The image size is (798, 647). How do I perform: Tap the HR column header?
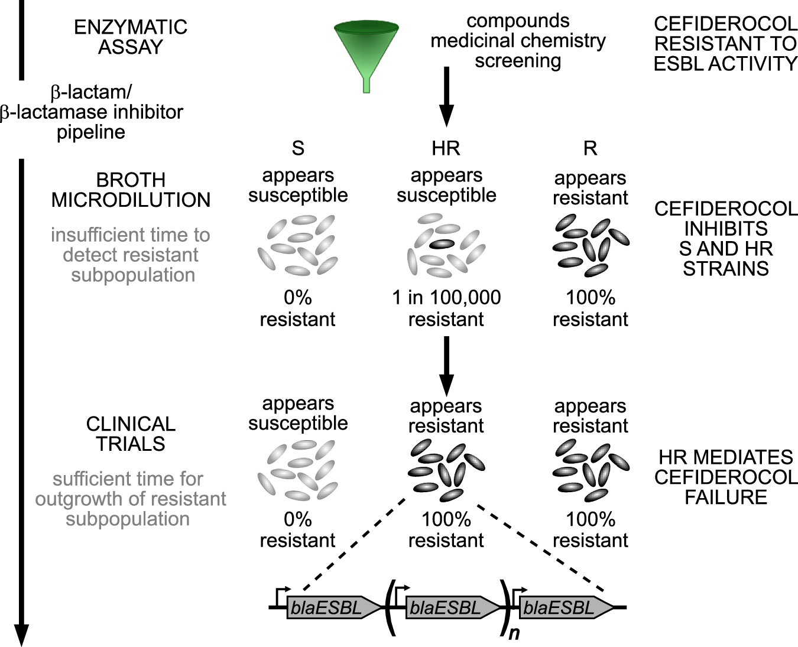446,148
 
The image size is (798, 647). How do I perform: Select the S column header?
298,148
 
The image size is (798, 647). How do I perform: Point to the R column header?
590,148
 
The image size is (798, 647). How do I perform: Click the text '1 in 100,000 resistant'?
446,308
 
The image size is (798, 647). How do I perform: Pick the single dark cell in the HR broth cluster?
442,244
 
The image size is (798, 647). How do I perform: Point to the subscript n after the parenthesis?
514,633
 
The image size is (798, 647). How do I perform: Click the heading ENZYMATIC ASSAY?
131,37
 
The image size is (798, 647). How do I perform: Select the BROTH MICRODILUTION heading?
131,190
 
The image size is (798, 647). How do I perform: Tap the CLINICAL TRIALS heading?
131,434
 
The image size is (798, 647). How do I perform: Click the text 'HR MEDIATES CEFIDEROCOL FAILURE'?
726,477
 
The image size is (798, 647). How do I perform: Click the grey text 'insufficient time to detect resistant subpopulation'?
131,255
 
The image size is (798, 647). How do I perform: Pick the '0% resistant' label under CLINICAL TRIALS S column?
297,529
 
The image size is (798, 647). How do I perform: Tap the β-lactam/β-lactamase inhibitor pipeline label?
92,112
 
